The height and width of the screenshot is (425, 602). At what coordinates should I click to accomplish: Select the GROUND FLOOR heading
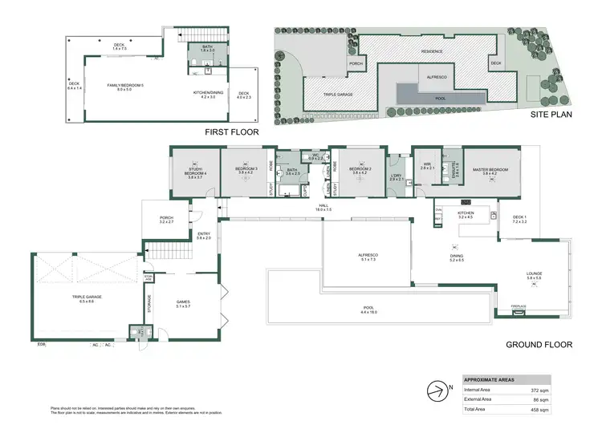(539, 345)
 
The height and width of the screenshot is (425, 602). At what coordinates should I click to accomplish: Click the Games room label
(184, 303)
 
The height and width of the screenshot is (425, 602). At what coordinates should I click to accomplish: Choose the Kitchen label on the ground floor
(466, 214)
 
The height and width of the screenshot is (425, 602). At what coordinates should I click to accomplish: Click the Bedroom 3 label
(246, 170)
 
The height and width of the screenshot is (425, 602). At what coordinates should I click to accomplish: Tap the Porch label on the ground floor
(167, 219)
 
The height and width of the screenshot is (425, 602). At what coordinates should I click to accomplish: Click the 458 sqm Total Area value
(562, 410)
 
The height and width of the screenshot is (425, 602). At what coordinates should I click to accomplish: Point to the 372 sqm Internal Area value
(562, 387)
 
